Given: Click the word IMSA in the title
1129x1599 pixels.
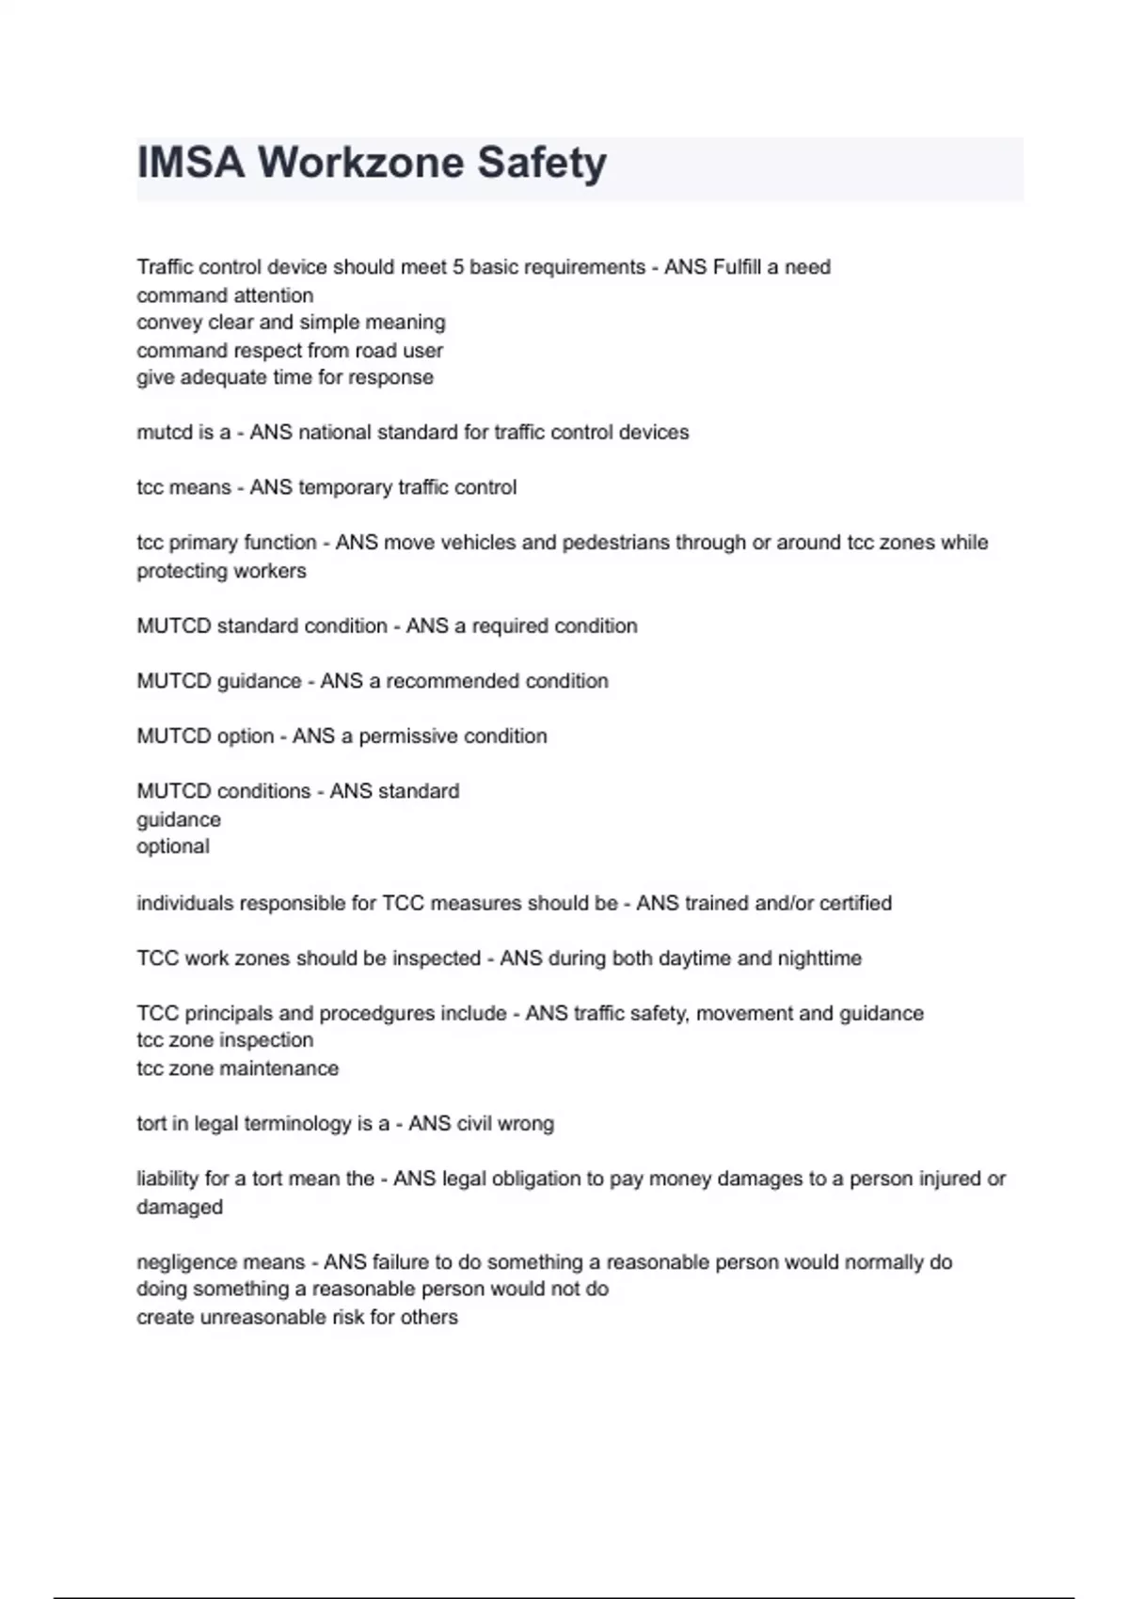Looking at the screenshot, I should coord(191,163).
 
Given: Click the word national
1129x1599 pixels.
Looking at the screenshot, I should coord(334,433).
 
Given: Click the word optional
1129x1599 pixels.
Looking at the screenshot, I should coord(173,847).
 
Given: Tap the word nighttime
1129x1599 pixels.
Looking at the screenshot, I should coord(819,958).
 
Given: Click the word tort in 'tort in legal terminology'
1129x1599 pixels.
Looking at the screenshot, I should coord(151,1124).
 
